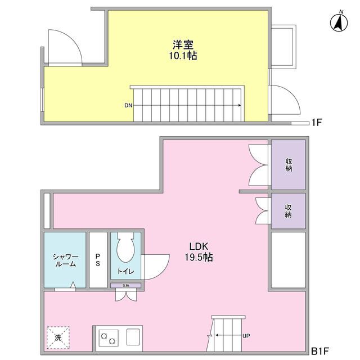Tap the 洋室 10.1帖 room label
pos(184,50)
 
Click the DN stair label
pos(128,105)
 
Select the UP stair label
pos(246,336)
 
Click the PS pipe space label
pos(98,260)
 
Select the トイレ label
pos(125,271)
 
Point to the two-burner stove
pos(109,339)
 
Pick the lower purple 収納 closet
pos(288,211)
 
